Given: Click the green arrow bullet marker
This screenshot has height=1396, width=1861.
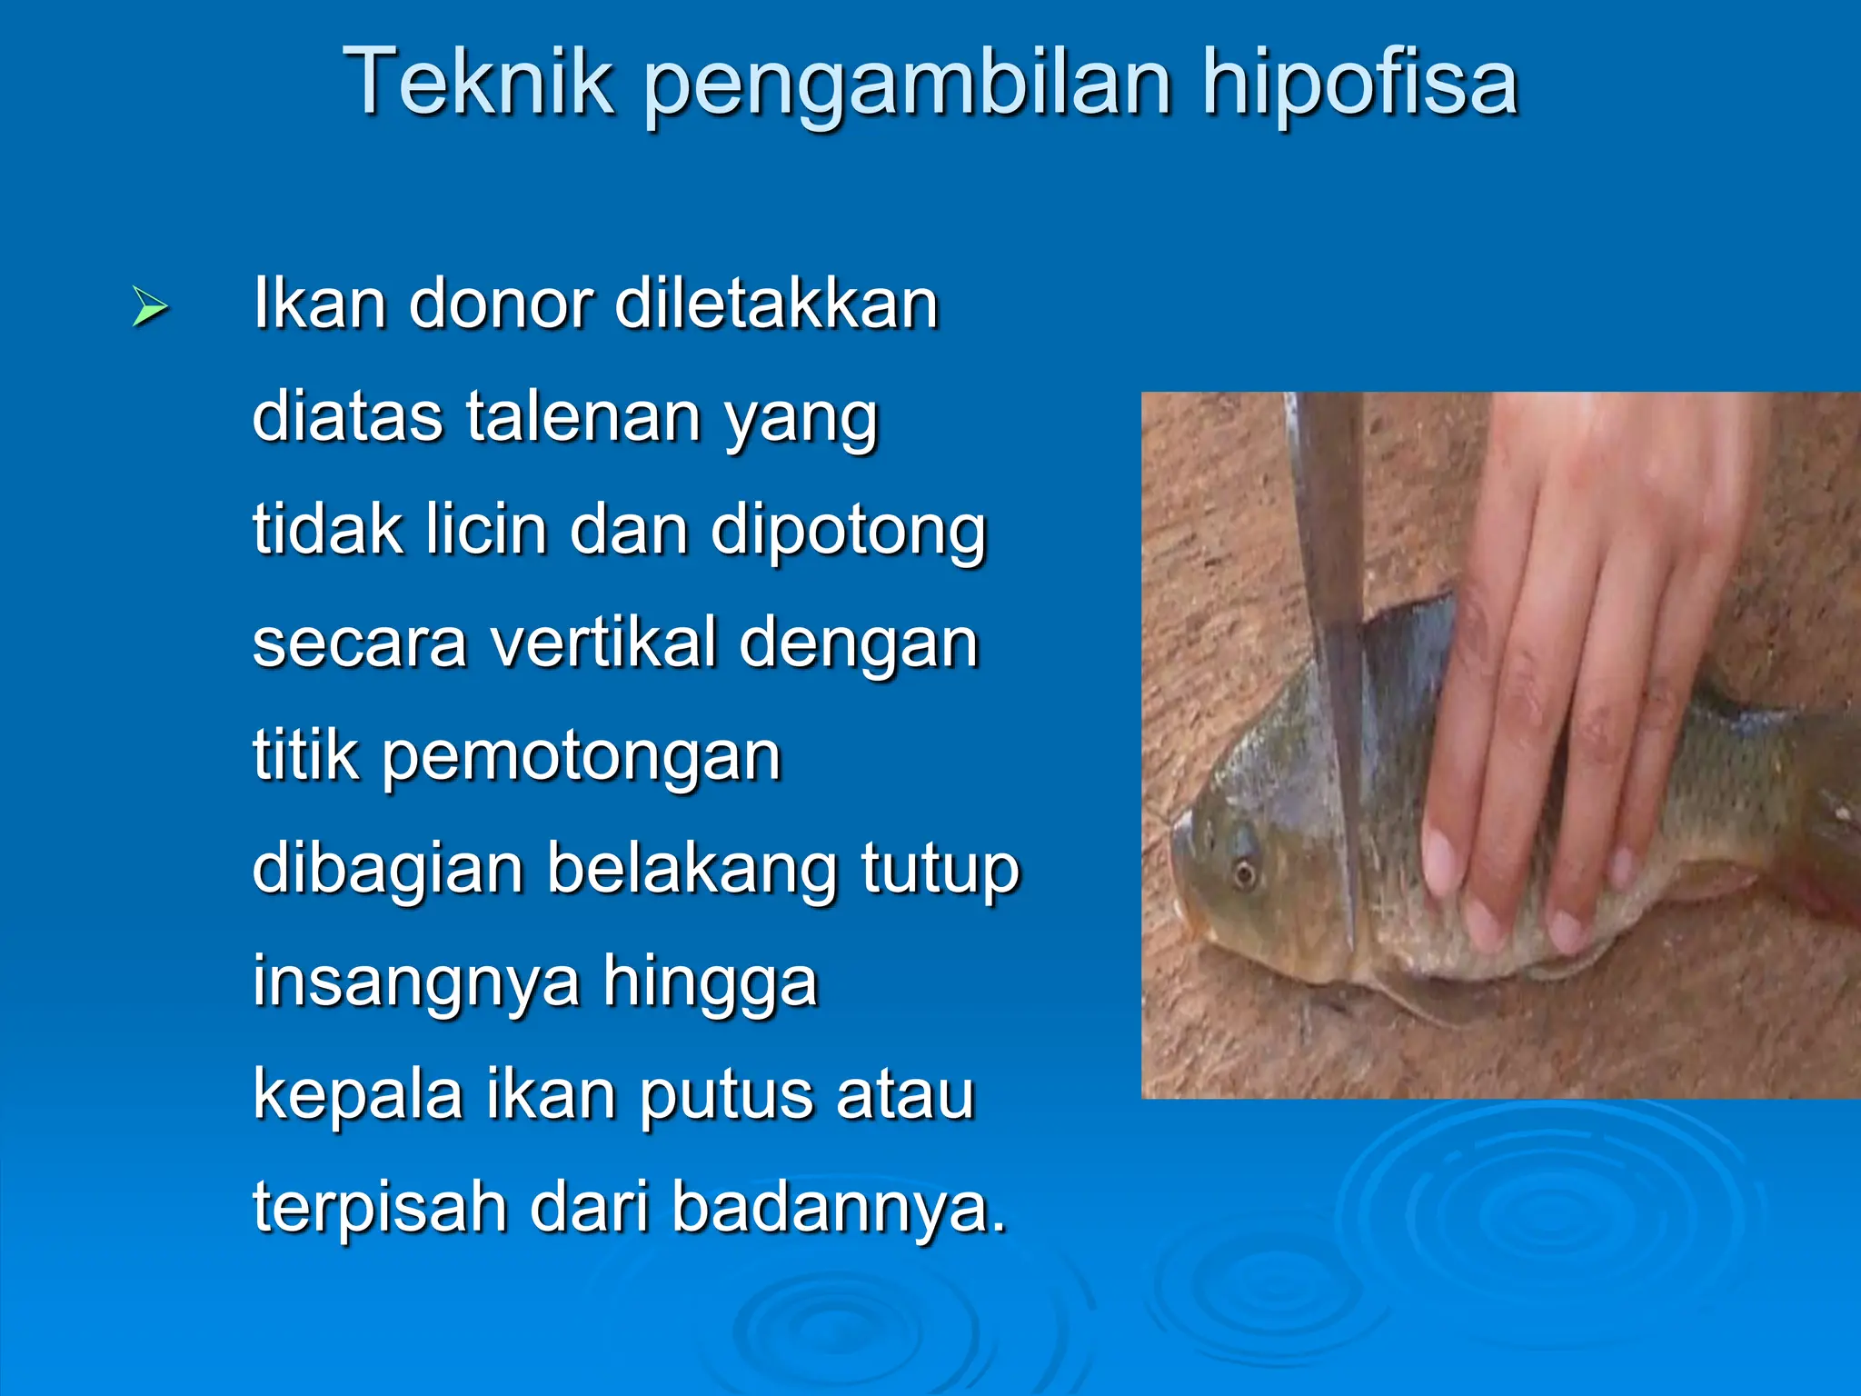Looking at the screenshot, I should point(150,306).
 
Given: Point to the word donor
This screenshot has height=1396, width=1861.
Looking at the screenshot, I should point(502,304).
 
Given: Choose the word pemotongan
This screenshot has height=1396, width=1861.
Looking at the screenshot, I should point(582,756).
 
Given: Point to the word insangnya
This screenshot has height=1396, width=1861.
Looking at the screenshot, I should point(416,982).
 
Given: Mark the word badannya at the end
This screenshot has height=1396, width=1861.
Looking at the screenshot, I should point(840,1207).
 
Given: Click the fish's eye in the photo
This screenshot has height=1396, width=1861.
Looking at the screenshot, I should point(1245,873).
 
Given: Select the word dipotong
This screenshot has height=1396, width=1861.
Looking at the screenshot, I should point(847,531).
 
